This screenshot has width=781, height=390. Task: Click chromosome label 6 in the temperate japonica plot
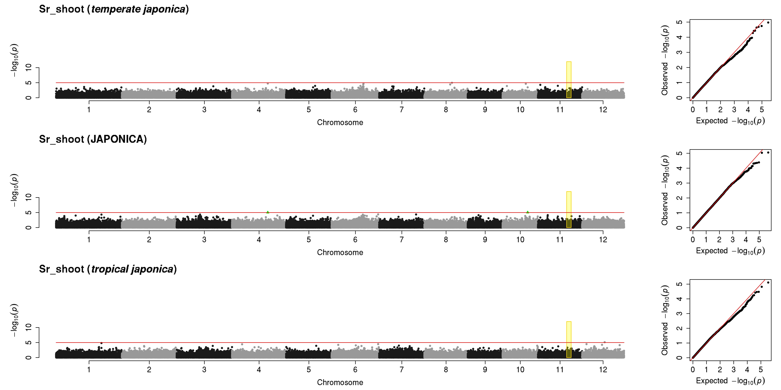[x=355, y=110]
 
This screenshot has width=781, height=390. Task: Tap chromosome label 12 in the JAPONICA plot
[x=603, y=240]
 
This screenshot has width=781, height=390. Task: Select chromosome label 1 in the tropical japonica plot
[x=89, y=369]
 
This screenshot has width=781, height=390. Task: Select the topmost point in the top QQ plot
[x=768, y=22]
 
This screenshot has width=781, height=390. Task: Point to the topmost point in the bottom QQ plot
[x=768, y=283]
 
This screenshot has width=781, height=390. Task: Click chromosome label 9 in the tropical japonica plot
[x=485, y=369]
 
